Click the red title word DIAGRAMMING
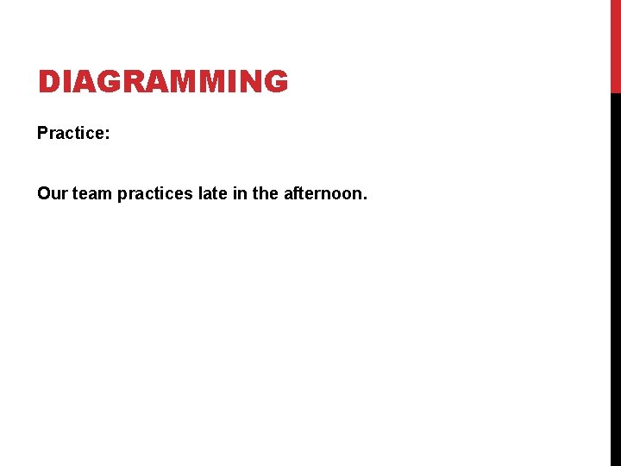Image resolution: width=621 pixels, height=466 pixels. (x=162, y=82)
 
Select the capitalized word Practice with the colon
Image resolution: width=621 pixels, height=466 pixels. (x=73, y=134)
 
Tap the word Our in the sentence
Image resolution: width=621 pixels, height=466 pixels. (x=52, y=194)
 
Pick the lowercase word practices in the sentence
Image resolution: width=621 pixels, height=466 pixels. (x=155, y=194)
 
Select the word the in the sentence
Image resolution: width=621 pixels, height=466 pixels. (x=266, y=194)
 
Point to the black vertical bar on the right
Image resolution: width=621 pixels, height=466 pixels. (x=615, y=276)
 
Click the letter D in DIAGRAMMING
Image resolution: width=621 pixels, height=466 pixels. (x=48, y=82)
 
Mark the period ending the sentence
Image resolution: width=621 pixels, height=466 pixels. (x=365, y=199)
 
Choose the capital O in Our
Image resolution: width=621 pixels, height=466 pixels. (x=45, y=194)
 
